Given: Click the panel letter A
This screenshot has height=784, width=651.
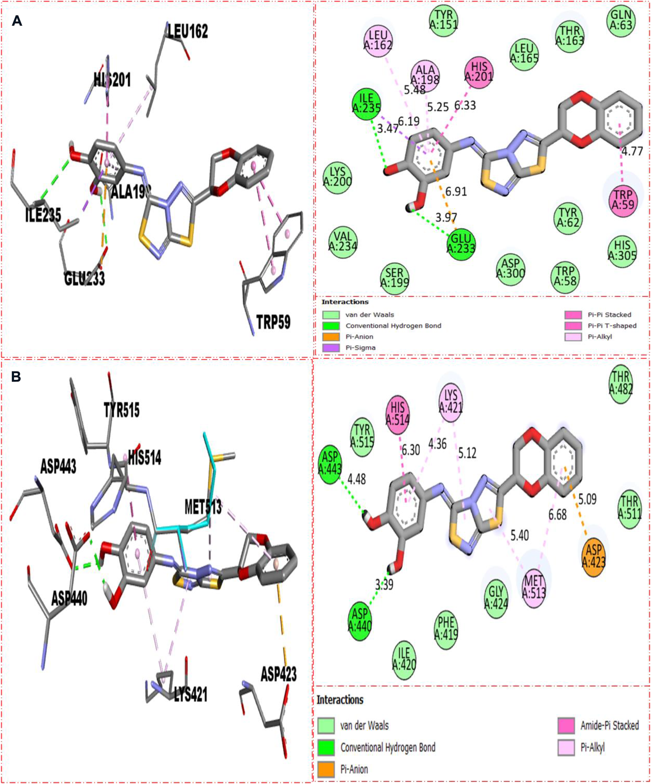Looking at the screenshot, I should tap(17, 21).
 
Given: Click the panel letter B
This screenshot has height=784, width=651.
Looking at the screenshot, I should tap(16, 377).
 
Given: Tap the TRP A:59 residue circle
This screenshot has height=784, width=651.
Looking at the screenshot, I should tap(623, 200).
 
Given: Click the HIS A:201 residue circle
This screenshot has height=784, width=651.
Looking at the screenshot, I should tap(479, 71).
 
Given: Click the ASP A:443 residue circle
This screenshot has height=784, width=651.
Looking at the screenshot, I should tap(330, 462).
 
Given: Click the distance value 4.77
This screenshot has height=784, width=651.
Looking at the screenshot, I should tap(632, 152).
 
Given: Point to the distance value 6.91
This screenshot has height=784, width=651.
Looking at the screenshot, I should tap(456, 192).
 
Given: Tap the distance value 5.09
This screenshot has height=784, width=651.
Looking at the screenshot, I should tap(587, 499).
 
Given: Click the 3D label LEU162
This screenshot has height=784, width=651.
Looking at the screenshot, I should tap(187, 31).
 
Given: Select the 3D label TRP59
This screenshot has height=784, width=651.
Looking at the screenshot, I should tap(273, 322).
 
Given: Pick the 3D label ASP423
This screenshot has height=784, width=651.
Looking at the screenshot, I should tap(278, 674).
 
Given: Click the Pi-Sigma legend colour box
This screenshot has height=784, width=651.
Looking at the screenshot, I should tap(331, 348).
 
